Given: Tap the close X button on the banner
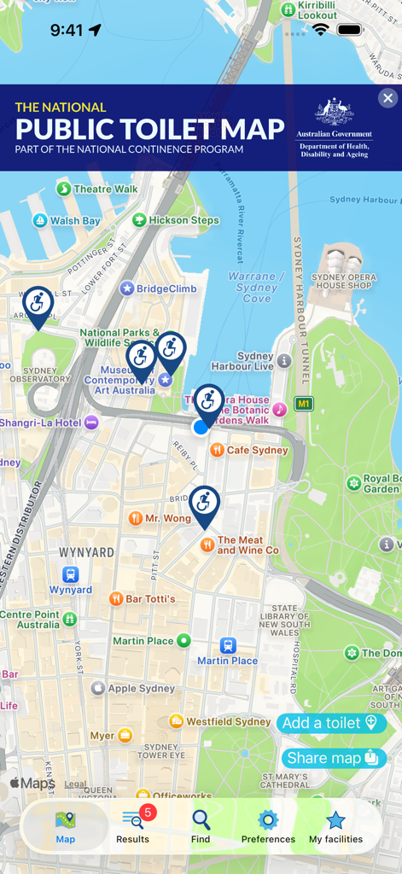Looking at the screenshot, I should [387, 98].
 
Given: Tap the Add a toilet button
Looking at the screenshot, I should [331, 723].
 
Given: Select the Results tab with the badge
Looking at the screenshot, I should [133, 826].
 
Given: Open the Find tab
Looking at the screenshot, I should [201, 826].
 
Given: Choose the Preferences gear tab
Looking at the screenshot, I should [268, 826].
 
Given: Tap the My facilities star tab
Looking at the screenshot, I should [335, 826].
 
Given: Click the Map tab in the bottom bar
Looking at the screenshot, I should [66, 826].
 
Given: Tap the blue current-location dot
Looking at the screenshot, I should [201, 427].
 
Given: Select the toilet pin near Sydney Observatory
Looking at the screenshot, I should [38, 305].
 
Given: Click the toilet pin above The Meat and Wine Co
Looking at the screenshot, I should [204, 504].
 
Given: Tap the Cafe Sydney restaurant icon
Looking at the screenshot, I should [218, 450].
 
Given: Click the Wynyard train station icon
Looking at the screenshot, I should [70, 574].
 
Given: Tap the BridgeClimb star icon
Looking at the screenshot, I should [127, 288].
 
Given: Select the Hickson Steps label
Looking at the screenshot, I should [184, 220].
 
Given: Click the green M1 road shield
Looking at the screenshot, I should [304, 404].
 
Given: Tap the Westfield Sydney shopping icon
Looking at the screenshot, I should [177, 721].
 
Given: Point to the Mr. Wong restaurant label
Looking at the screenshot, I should [168, 518].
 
